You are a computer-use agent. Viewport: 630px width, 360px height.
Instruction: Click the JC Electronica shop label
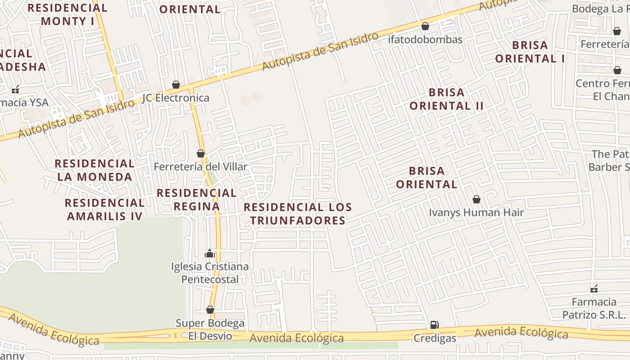click(175, 98)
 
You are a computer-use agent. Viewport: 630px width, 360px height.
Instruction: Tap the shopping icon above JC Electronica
click(176, 85)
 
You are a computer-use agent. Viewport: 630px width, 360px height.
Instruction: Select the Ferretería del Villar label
click(200, 167)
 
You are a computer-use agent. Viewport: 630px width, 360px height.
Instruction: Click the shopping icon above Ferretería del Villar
click(201, 153)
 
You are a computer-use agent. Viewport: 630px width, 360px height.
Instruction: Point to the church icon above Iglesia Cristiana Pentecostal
click(210, 254)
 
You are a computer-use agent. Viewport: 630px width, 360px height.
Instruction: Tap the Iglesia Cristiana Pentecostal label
click(210, 273)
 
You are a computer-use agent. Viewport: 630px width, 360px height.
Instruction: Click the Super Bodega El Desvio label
click(210, 329)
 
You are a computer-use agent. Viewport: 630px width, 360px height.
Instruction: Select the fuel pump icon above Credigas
click(434, 324)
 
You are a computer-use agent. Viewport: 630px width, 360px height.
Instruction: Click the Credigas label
click(435, 338)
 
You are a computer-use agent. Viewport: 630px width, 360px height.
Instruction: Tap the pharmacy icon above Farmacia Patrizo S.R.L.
click(594, 288)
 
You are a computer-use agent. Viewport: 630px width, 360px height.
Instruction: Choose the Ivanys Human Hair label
click(476, 212)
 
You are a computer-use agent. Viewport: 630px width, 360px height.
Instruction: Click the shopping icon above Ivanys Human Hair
click(477, 199)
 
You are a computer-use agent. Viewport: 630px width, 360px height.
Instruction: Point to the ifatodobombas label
click(425, 40)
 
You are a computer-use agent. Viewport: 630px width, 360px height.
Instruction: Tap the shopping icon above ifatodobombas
click(425, 26)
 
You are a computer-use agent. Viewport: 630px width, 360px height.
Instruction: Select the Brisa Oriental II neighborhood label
click(446, 99)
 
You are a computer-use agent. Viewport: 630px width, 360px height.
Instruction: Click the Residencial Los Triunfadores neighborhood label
click(298, 214)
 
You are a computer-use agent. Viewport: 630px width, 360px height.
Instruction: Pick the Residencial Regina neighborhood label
click(196, 199)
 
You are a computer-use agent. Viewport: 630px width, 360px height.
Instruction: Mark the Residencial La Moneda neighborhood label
click(94, 170)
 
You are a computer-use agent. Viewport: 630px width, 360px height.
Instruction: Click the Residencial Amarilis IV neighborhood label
click(104, 209)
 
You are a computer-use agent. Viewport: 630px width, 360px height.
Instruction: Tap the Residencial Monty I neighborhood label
click(67, 14)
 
